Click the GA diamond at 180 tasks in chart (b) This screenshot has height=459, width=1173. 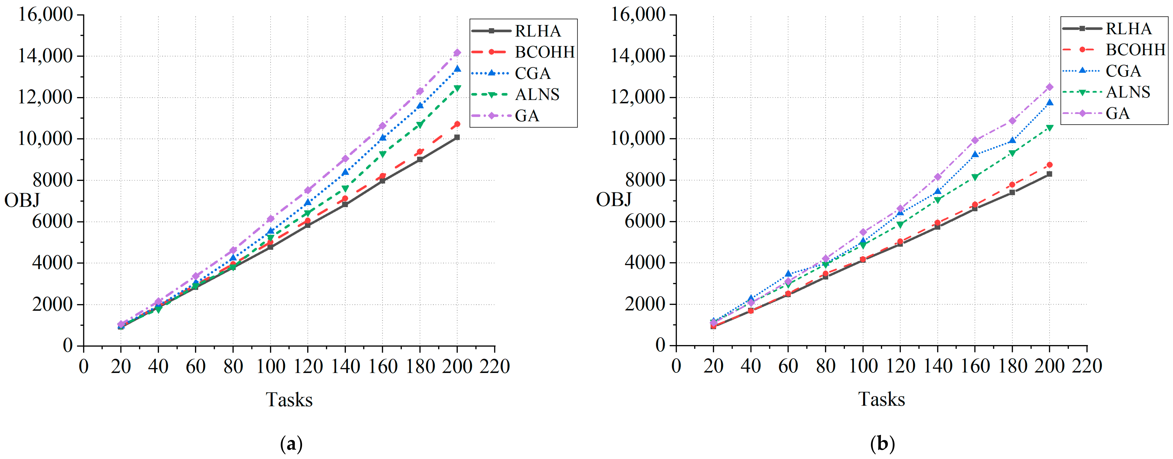(1012, 121)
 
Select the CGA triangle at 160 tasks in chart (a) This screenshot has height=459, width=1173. (383, 138)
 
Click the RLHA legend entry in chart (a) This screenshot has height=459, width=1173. (537, 31)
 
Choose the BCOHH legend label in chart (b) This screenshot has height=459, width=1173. (1135, 50)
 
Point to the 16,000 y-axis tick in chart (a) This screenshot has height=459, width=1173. (46, 15)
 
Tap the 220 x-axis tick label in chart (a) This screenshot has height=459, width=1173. (495, 366)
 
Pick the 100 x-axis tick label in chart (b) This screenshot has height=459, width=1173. (863, 366)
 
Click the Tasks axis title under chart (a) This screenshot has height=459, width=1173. (289, 400)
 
